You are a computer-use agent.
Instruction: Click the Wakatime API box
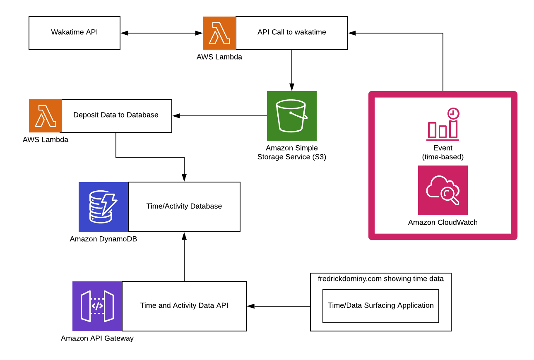pyautogui.click(x=75, y=33)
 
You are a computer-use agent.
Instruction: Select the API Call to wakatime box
pyautogui.click(x=291, y=33)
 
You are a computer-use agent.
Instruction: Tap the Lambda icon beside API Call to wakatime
pyautogui.click(x=219, y=33)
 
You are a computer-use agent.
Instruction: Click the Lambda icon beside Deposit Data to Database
pyautogui.click(x=45, y=116)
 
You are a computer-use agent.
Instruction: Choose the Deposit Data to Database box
pyautogui.click(x=116, y=115)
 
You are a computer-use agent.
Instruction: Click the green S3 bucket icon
pyautogui.click(x=291, y=116)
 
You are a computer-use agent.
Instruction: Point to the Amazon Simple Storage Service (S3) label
pyautogui.click(x=291, y=152)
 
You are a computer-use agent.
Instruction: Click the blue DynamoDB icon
pyautogui.click(x=103, y=207)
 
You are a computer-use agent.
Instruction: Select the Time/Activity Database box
pyautogui.click(x=184, y=206)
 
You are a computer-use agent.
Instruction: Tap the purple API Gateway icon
pyautogui.click(x=97, y=306)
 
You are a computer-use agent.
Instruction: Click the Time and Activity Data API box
pyautogui.click(x=184, y=306)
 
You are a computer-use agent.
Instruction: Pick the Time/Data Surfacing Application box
pyautogui.click(x=380, y=306)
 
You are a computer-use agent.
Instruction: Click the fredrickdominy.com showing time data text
pyautogui.click(x=380, y=279)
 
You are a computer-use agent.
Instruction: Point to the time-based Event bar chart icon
pyautogui.click(x=443, y=124)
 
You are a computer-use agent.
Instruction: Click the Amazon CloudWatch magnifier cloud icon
pyautogui.click(x=443, y=190)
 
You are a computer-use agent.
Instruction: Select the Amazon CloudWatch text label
pyautogui.click(x=443, y=223)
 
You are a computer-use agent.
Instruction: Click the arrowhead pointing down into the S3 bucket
pyautogui.click(x=292, y=87)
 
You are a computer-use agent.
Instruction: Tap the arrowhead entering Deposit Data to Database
pyautogui.click(x=176, y=116)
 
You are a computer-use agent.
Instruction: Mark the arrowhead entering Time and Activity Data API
pyautogui.click(x=250, y=306)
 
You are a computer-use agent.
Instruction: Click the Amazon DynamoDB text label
pyautogui.click(x=103, y=239)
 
